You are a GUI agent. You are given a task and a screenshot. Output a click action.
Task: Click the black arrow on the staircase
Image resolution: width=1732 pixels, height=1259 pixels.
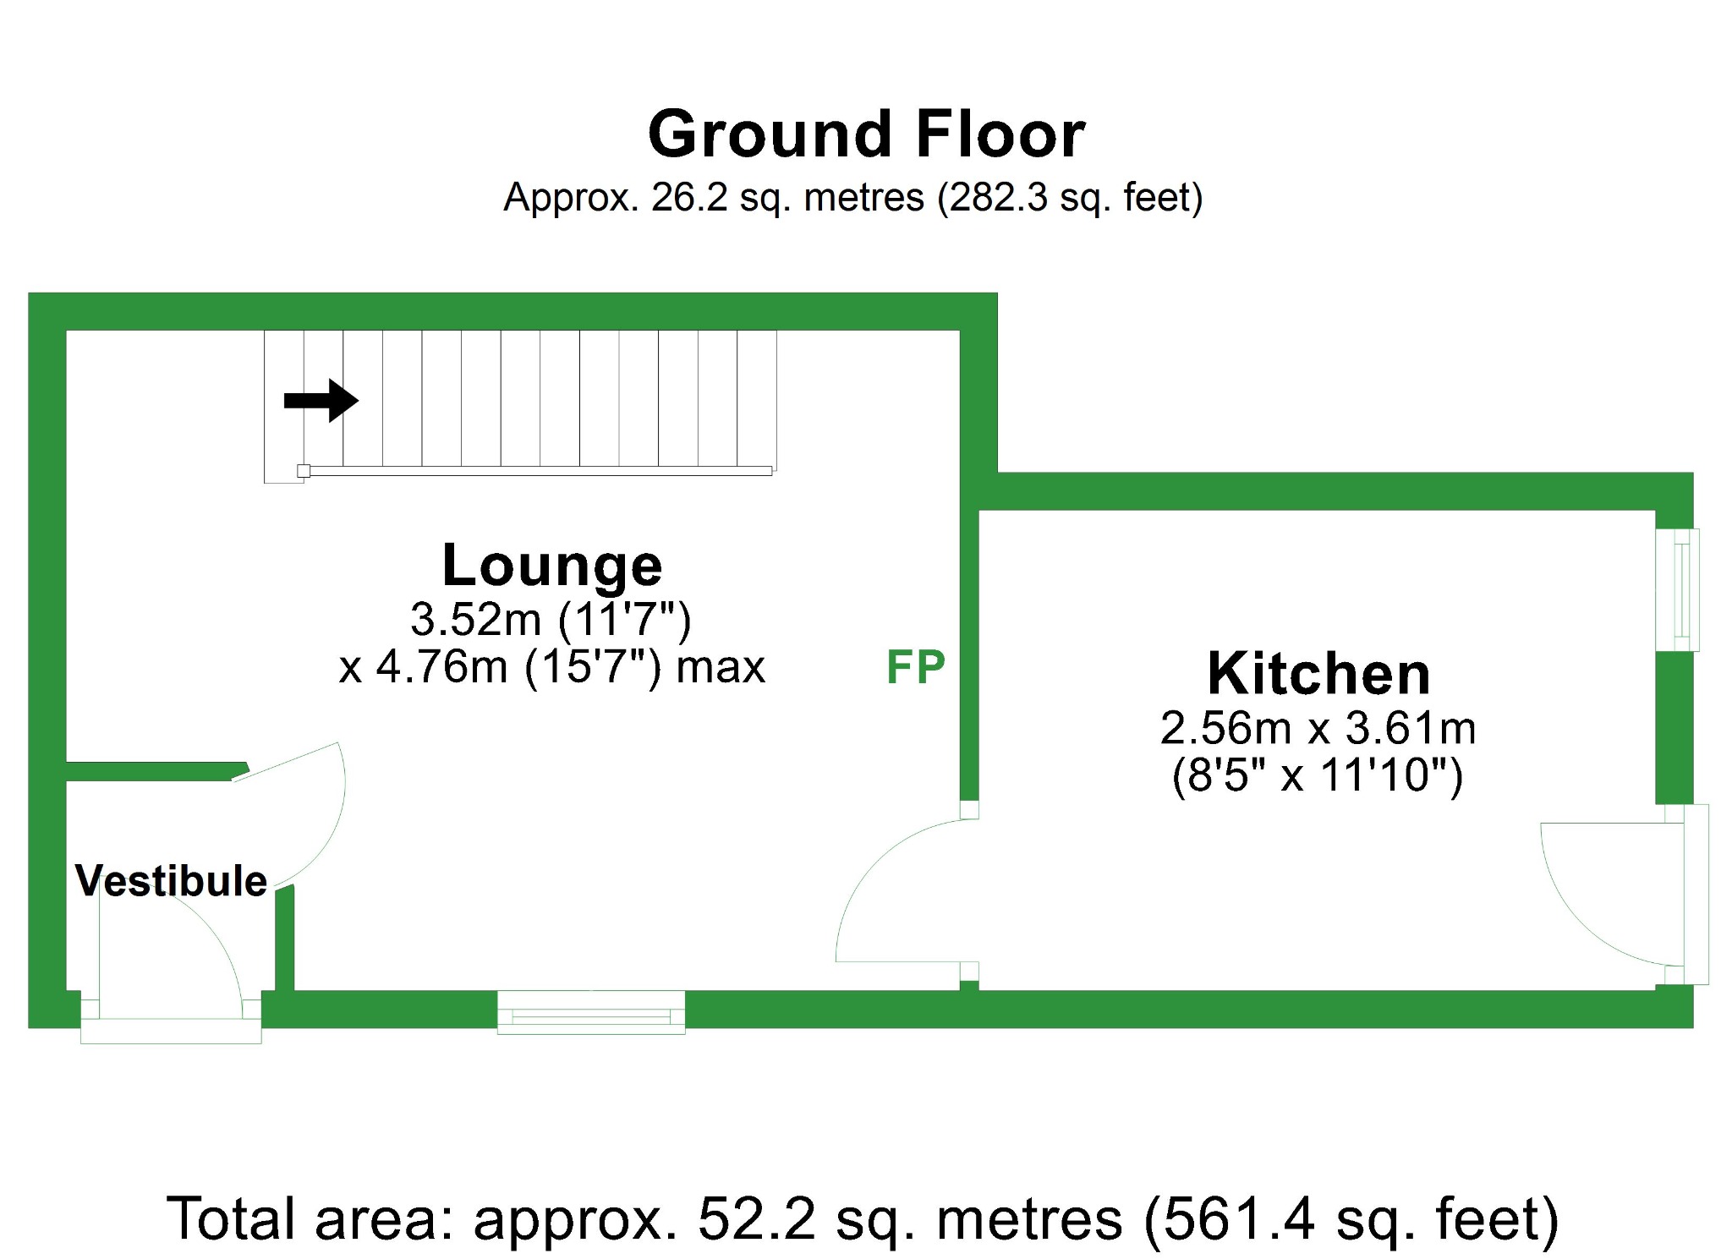click(321, 400)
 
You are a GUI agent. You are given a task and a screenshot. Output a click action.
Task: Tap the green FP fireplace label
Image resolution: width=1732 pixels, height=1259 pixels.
click(915, 667)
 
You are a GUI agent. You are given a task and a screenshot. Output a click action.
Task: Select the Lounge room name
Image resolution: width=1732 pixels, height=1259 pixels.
click(552, 565)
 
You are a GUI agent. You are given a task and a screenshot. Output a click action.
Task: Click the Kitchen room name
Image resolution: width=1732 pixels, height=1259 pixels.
click(1318, 674)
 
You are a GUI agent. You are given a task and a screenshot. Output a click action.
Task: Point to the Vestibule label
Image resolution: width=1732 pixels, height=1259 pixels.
click(171, 881)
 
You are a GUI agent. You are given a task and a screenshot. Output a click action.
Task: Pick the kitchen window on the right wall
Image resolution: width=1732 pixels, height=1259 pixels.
click(1678, 589)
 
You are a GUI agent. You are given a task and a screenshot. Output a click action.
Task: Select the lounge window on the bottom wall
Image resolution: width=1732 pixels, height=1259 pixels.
click(590, 1012)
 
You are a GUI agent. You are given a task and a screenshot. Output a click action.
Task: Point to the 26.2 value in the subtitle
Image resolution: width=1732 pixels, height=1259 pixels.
click(688, 198)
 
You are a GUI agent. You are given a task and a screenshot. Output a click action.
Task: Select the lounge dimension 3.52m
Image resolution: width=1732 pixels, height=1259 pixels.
click(475, 619)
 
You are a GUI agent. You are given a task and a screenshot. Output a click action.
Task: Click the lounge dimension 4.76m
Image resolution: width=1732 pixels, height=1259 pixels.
click(441, 667)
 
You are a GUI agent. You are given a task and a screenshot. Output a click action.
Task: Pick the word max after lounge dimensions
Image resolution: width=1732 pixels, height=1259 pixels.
click(721, 667)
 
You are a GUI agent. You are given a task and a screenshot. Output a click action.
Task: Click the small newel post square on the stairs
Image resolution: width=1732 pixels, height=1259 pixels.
click(304, 471)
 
